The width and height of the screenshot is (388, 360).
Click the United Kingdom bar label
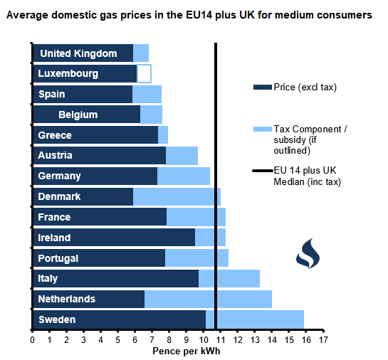tap(78, 53)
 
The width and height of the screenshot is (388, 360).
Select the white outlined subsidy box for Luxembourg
tap(144, 73)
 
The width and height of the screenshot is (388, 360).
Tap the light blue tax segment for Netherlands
tap(208, 299)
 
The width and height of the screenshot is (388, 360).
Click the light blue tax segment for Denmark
tap(177, 196)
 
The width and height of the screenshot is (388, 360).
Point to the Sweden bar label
tap(56, 319)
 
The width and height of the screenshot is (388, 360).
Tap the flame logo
tap(308, 253)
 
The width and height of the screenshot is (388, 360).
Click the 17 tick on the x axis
tap(323, 340)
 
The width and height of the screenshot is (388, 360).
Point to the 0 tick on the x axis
tap(33, 340)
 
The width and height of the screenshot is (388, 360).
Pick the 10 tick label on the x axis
tap(204, 340)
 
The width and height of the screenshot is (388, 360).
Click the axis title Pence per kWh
tap(186, 351)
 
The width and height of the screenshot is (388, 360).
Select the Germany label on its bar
tap(60, 176)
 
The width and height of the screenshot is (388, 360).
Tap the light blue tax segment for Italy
tap(229, 278)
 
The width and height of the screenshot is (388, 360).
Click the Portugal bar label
tap(58, 258)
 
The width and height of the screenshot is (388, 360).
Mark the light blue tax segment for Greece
tap(163, 135)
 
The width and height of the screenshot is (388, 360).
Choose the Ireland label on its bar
tap(54, 238)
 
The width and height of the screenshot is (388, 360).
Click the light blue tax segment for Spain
tap(147, 94)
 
